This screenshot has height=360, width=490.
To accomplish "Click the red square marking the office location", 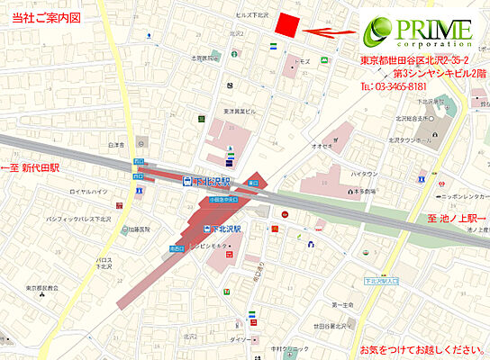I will click(287, 25).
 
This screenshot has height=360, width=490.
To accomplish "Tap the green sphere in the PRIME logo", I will click(377, 31).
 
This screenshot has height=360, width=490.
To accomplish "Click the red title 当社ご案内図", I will click(41, 17).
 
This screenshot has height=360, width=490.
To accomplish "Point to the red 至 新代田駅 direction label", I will click(30, 167).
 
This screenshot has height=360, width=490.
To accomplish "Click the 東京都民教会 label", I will click(42, 289).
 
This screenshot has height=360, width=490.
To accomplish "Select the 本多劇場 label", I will click(363, 190).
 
